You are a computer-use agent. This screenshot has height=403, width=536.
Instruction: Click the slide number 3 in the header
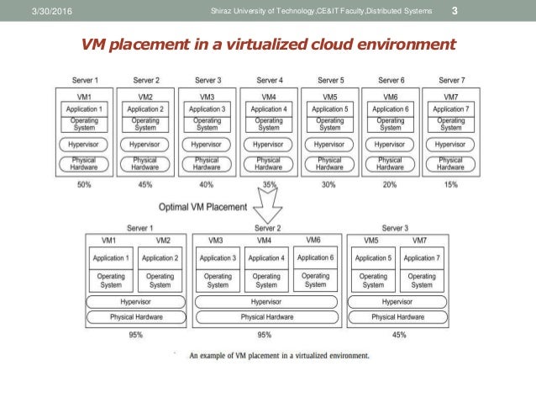point(455,10)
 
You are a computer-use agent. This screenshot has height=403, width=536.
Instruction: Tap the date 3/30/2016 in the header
point(29,10)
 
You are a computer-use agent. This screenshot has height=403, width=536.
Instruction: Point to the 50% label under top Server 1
point(85,184)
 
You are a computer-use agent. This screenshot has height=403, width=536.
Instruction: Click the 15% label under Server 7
point(451,184)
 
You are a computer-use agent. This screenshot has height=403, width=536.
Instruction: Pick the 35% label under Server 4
point(269,184)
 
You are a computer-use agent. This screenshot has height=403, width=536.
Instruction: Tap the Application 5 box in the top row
point(330,109)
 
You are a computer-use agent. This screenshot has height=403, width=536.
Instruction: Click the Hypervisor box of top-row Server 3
point(208,144)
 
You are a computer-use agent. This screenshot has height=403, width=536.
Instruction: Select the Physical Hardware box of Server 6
point(391,163)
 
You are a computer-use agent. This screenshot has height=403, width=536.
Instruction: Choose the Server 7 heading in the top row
point(451,81)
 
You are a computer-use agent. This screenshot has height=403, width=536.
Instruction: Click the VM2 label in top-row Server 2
point(146,98)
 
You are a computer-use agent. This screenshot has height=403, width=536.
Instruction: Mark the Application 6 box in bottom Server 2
point(315,257)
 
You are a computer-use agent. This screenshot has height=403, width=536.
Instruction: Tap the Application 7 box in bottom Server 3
point(422,257)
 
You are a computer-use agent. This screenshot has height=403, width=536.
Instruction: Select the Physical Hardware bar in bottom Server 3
point(398,316)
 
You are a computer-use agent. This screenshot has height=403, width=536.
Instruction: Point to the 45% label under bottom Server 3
point(398,335)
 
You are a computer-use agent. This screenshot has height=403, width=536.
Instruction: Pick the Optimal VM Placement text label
point(203,206)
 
